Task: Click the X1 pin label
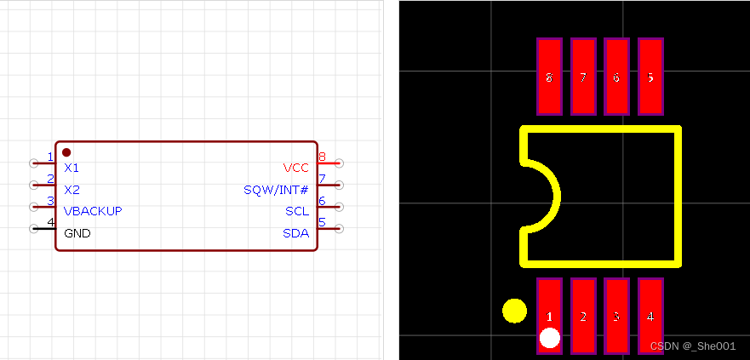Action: click(x=72, y=168)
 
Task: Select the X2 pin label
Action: click(x=72, y=190)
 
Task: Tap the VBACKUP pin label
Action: click(x=93, y=211)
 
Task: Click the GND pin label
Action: click(x=77, y=233)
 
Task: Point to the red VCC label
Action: click(x=295, y=168)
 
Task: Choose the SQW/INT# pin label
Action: click(x=276, y=190)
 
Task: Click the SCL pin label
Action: click(x=296, y=211)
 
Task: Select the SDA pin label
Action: click(x=295, y=233)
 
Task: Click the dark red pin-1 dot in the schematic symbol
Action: click(x=66, y=152)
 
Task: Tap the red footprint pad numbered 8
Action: click(x=549, y=76)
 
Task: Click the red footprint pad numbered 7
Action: click(x=583, y=76)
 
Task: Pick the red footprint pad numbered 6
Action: click(x=616, y=76)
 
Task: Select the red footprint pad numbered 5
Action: click(x=650, y=76)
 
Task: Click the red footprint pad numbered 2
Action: click(x=583, y=316)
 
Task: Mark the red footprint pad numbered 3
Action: click(x=616, y=316)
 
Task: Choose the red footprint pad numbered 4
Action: click(x=650, y=316)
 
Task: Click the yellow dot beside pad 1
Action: click(x=514, y=311)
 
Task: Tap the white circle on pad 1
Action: click(x=550, y=338)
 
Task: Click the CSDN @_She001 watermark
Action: click(x=692, y=346)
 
